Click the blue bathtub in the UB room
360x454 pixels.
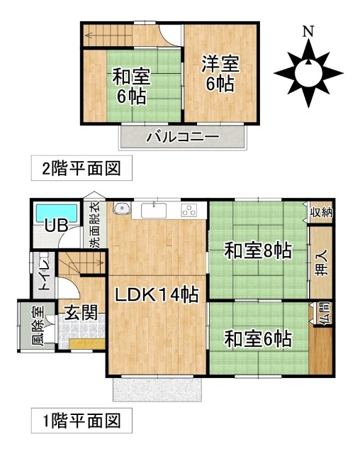pos(57,213)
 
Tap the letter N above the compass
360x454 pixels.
pos(308,31)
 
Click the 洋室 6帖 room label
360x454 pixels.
pos(220,74)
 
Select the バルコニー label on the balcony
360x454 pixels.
pos(183,137)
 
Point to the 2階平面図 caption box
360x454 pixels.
pos(81,168)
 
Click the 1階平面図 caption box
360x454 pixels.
pos(81,421)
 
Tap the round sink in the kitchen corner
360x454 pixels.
pos(122,209)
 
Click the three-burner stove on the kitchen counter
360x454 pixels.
pos(189,210)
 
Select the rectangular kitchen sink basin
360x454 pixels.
pos(154,210)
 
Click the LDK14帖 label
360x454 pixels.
pos(157,295)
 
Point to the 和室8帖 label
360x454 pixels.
pos(258,250)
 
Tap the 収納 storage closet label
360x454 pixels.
pos(322,213)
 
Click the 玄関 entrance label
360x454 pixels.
pos(81,313)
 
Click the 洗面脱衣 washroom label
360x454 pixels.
pos(95,225)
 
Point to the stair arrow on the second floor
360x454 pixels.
pos(108,36)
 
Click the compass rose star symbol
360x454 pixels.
pos(308,73)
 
